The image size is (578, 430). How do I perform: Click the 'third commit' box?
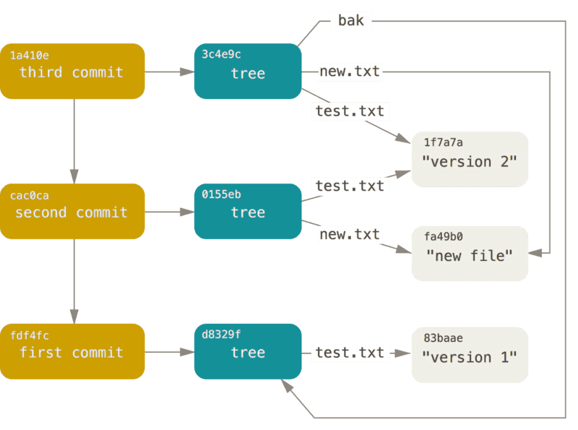[x=72, y=71]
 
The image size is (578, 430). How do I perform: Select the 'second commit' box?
[x=72, y=211]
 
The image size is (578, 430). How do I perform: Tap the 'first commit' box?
[x=72, y=351]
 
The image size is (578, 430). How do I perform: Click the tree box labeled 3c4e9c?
[x=248, y=71]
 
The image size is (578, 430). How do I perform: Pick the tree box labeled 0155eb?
[x=248, y=211]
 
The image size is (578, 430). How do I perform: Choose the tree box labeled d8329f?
[x=248, y=351]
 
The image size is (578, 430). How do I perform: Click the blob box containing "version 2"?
[x=470, y=160]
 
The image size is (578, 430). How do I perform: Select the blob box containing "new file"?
[x=470, y=254]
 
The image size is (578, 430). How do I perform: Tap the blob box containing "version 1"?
[x=470, y=355]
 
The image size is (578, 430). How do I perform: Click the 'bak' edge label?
[x=351, y=21]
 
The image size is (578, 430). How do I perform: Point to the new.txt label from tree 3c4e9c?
[x=350, y=71]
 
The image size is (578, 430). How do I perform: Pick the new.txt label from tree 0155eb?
[x=350, y=234]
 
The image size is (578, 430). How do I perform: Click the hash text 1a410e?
[x=30, y=55]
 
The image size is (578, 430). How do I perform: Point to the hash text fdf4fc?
[x=30, y=335]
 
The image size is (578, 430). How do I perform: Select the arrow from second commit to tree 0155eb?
[x=169, y=212]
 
